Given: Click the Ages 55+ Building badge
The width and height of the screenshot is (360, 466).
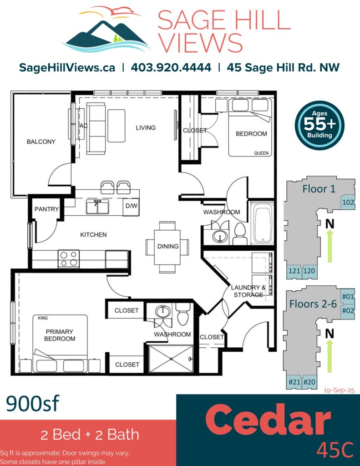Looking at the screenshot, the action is (x=319, y=125).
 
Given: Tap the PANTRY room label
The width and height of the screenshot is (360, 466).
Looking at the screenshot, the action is (x=47, y=209).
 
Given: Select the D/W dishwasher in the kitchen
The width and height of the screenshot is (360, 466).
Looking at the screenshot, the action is (x=131, y=207).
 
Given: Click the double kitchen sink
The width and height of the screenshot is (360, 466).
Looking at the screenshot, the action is (x=97, y=207).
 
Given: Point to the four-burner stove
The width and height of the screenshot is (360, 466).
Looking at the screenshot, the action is (x=69, y=259).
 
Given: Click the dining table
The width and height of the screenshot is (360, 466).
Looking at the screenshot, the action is (x=167, y=247).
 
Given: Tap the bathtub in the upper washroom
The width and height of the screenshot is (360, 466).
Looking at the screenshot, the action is (x=262, y=223).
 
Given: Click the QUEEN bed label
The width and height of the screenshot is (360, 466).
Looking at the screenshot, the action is (x=261, y=153).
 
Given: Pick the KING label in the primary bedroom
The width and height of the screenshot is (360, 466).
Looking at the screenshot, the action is (x=43, y=318).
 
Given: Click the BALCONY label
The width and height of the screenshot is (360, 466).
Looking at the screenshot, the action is (x=41, y=142).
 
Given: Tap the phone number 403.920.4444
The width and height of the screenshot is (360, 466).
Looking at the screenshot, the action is (x=171, y=67).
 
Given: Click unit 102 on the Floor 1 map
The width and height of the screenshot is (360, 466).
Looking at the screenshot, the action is (x=348, y=203).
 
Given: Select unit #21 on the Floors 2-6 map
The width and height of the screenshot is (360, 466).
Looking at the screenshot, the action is (x=294, y=382).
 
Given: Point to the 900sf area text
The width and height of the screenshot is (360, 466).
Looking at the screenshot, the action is (x=33, y=403).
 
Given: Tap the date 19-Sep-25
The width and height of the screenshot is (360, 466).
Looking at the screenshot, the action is (x=339, y=390).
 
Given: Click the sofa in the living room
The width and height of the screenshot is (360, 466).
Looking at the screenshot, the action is (x=96, y=128).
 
